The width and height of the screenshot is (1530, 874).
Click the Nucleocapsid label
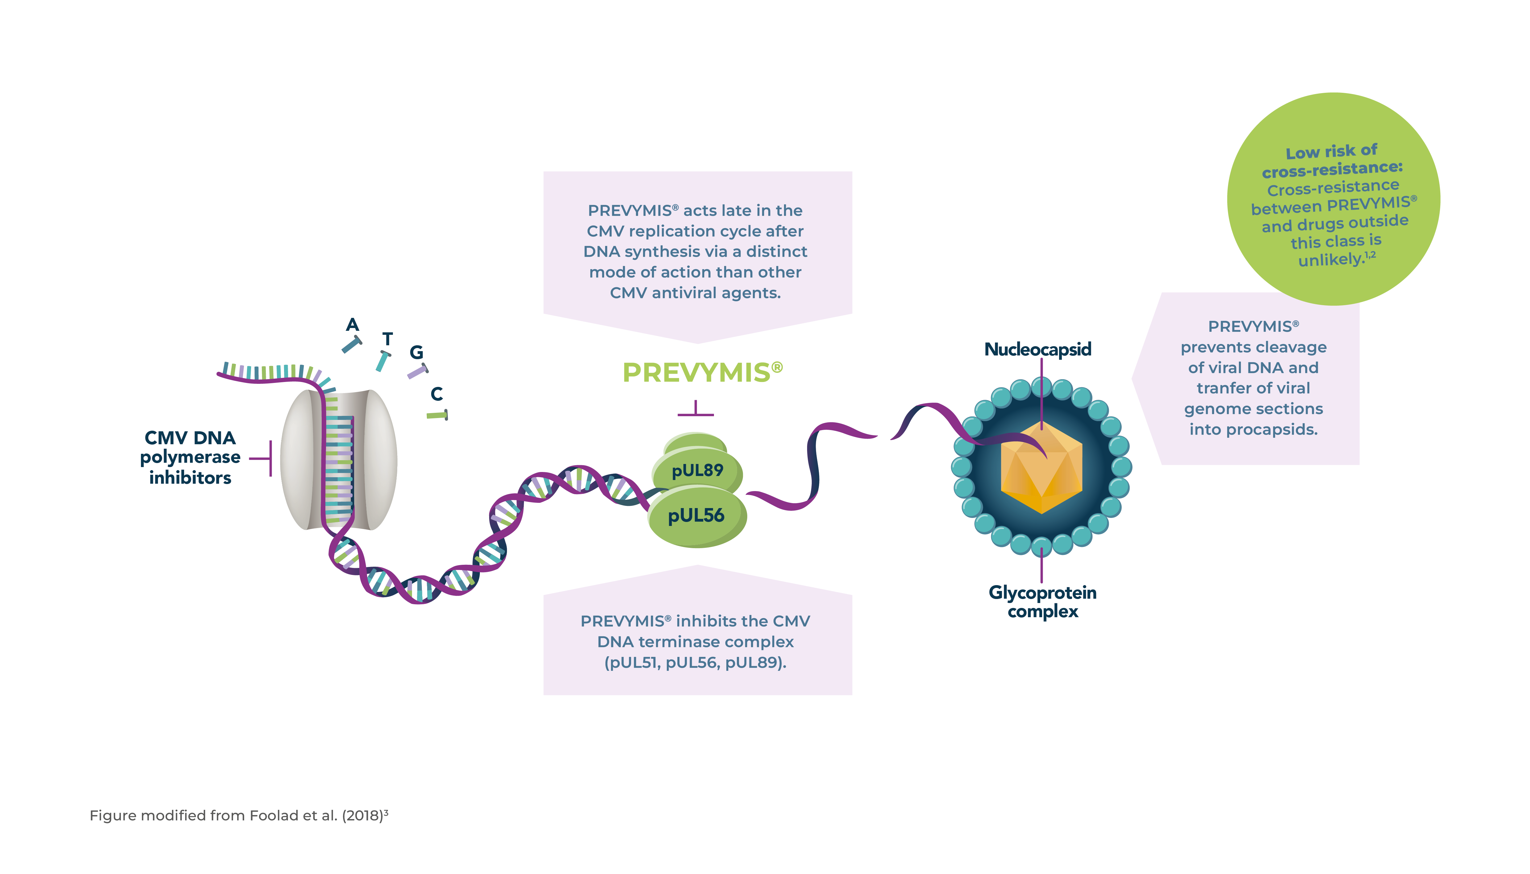coord(1037,349)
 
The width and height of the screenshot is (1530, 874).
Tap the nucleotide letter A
coord(353,325)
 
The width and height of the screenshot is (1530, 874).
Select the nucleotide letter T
coord(388,339)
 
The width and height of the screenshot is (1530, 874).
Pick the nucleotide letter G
coord(416,352)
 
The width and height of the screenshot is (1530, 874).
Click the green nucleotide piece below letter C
coord(437,415)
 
